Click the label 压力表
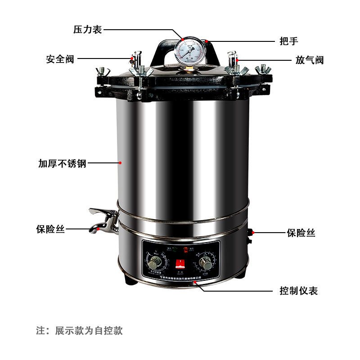click(x=88, y=30)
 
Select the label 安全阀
click(x=60, y=59)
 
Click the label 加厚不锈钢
click(x=62, y=163)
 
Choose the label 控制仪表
click(x=298, y=291)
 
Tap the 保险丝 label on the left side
click(x=50, y=229)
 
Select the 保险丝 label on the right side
click(x=301, y=233)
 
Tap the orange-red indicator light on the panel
click(x=185, y=249)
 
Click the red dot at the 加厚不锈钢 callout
click(x=120, y=163)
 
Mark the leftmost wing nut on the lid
click(x=103, y=71)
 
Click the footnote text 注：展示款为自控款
click(x=79, y=331)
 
